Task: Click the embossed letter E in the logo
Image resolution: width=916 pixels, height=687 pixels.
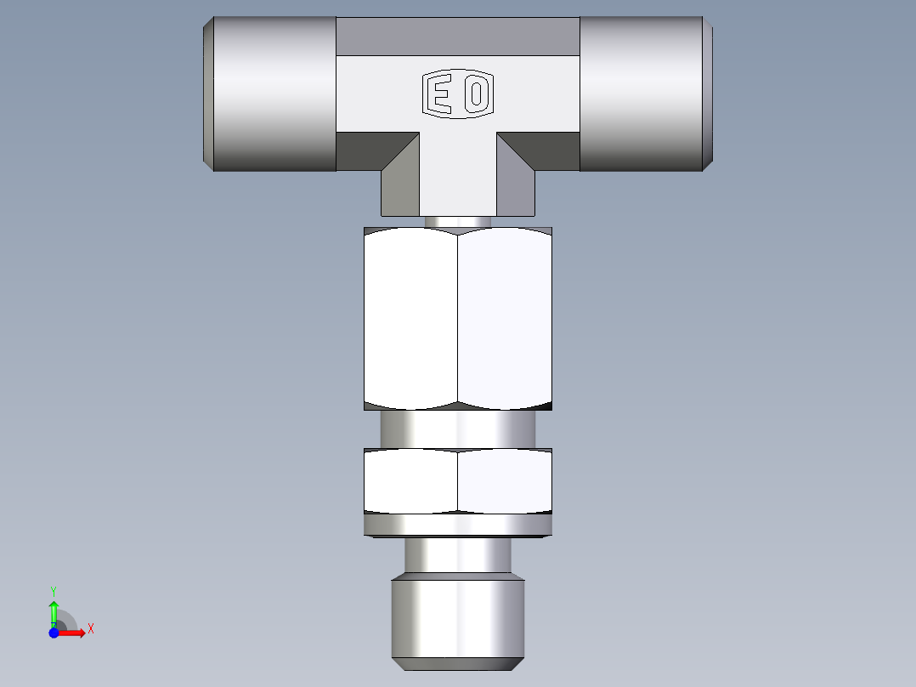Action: pos(439,94)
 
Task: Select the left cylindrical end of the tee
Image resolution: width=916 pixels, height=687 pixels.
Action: pos(272,94)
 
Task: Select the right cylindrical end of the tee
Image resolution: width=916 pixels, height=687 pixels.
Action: pos(643,94)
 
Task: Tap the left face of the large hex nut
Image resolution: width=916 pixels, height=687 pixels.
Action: pos(410,319)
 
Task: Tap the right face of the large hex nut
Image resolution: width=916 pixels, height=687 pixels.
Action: pos(505,319)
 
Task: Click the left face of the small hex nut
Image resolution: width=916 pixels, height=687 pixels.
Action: pos(410,481)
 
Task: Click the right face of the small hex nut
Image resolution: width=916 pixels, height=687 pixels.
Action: pos(505,481)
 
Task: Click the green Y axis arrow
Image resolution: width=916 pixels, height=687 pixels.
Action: pos(54,610)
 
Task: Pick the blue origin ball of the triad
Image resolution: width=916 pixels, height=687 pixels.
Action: pos(54,633)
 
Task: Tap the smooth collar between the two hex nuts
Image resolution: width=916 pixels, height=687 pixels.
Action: pos(458,429)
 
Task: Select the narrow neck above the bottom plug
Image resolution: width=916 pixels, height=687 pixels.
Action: pos(458,557)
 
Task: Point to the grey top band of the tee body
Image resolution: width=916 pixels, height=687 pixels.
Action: pos(458,37)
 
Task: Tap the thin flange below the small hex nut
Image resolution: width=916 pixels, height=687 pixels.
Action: pos(458,525)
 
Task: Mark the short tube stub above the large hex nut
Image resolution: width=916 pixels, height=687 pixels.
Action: pos(458,221)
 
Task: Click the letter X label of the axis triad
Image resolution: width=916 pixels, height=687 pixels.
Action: pos(91,629)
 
